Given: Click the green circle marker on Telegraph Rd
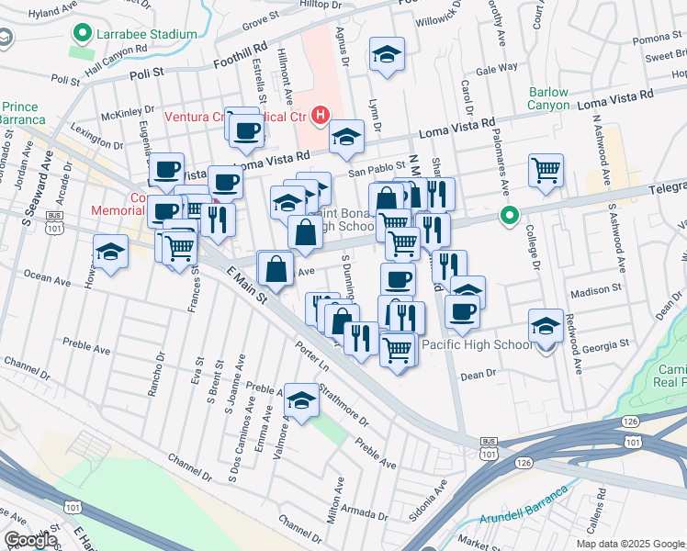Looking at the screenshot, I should [510, 216].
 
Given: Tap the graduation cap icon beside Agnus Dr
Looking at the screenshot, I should [387, 54].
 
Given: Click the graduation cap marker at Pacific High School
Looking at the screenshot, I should [546, 326].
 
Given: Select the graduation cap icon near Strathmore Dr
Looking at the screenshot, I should [300, 399].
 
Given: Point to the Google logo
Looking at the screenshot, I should [30, 539].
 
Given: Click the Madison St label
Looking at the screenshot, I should [596, 291].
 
